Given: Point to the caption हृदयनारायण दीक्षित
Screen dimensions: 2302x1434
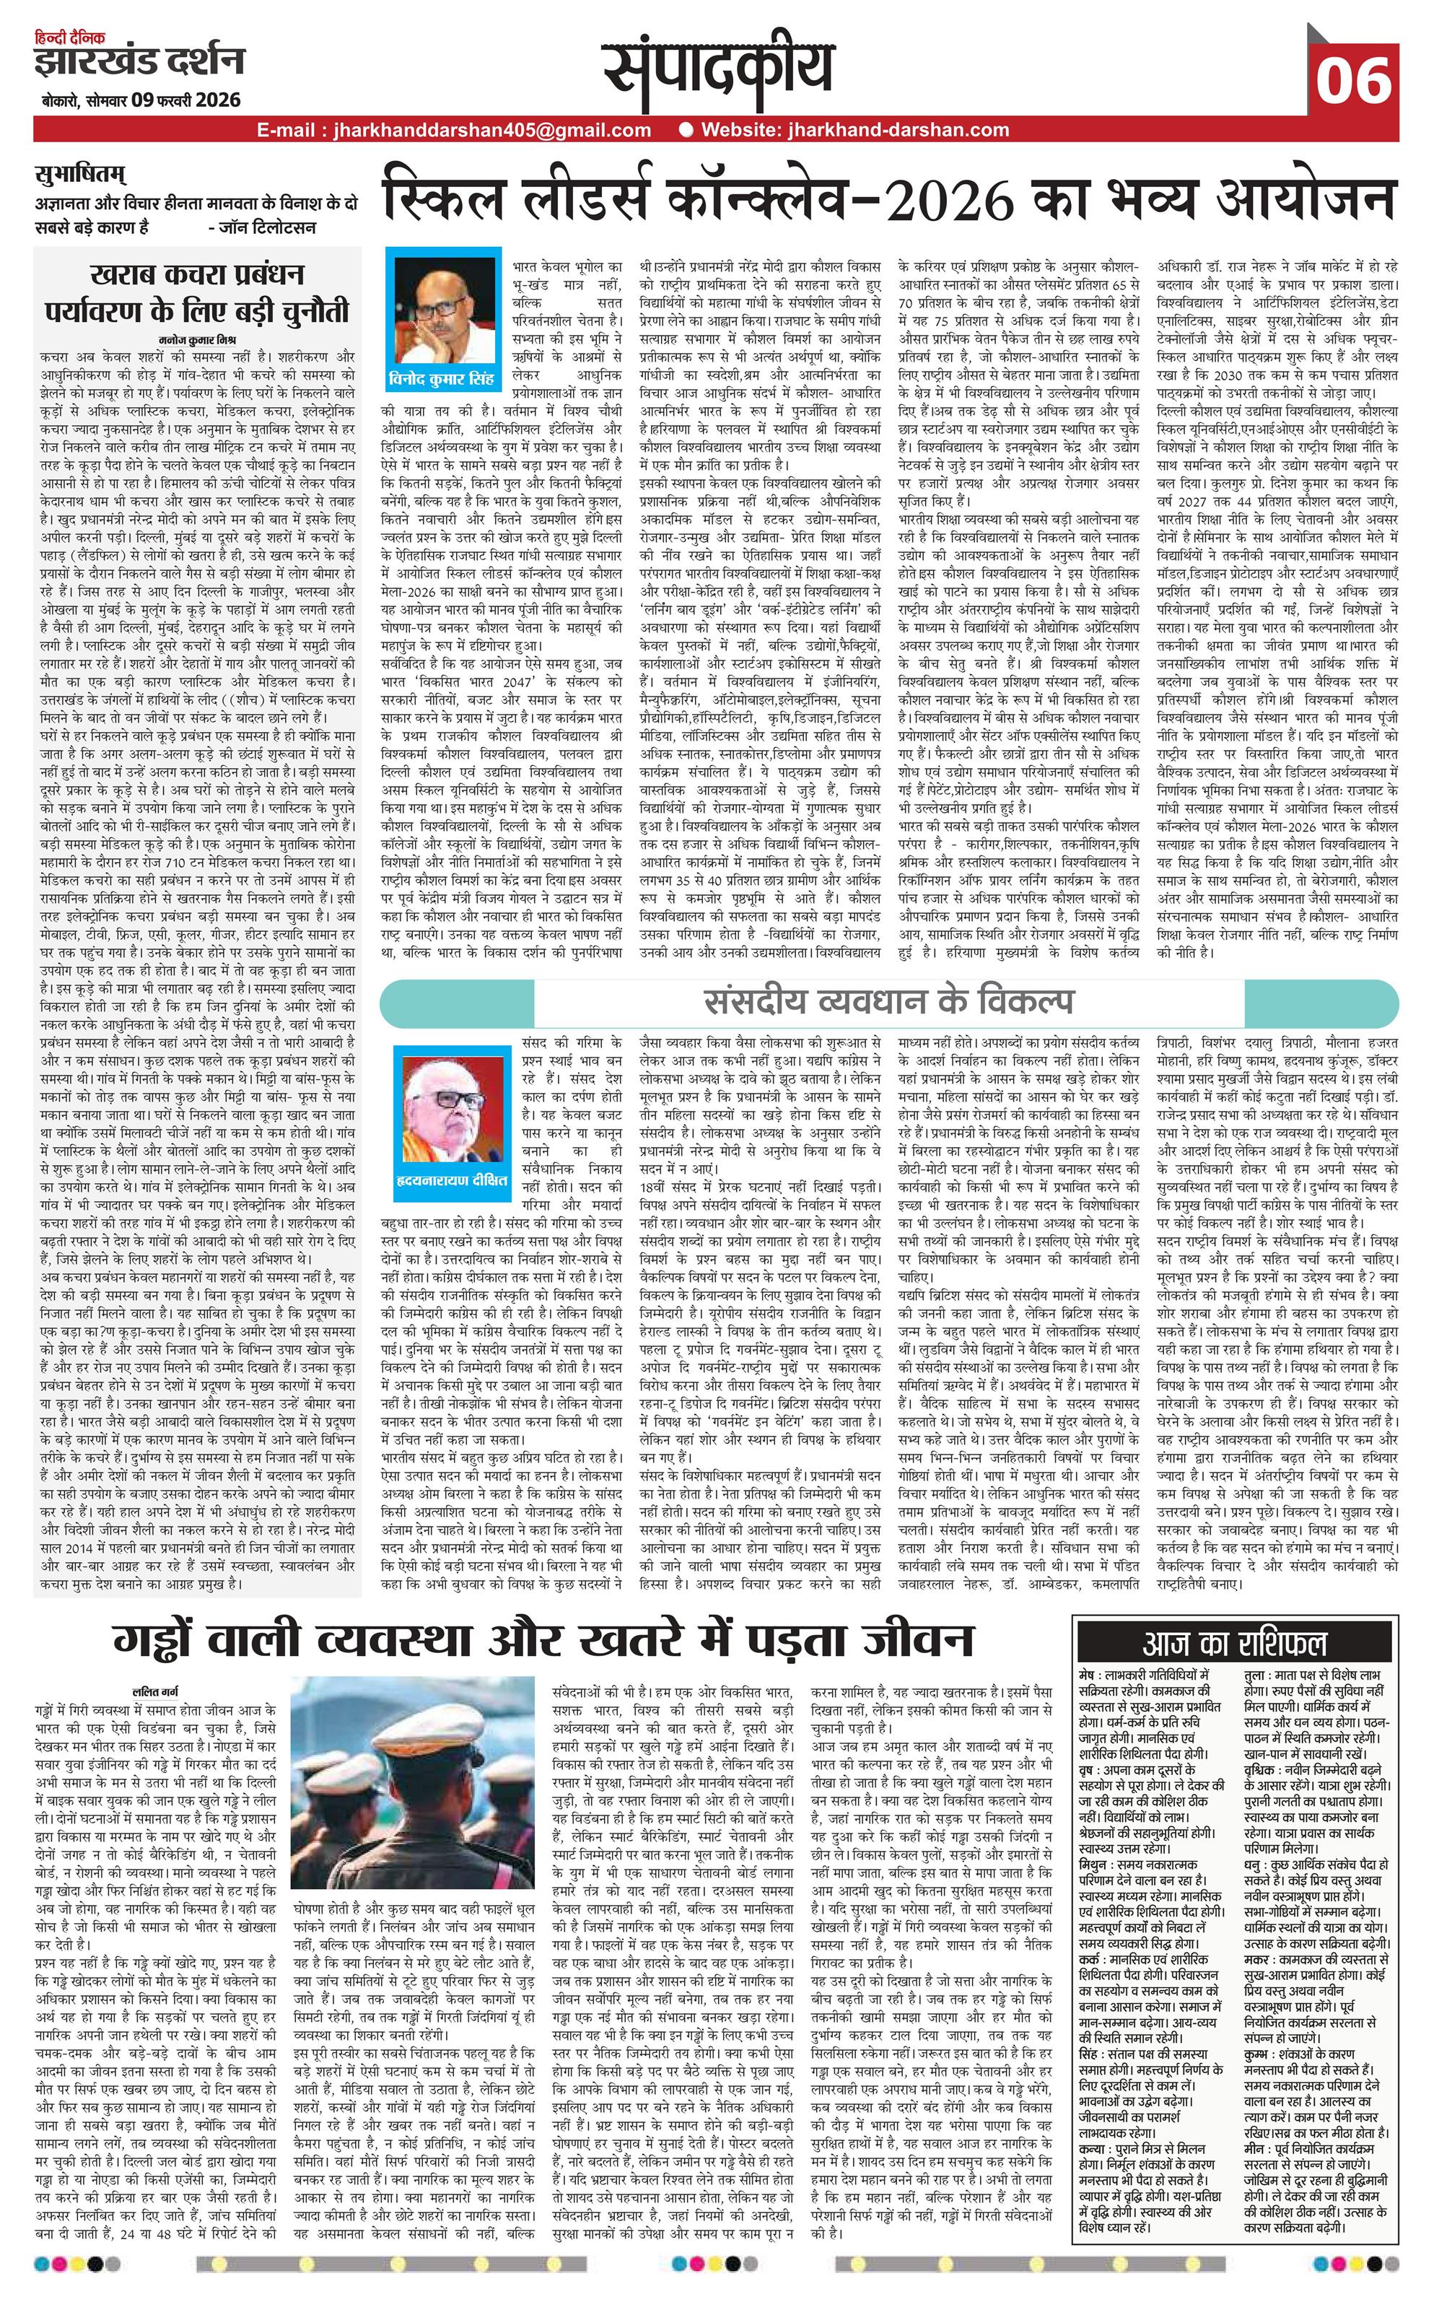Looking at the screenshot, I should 453,1181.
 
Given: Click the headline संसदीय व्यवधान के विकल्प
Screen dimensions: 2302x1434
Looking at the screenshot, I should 890,1003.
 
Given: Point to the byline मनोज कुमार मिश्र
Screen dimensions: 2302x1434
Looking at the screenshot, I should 197,339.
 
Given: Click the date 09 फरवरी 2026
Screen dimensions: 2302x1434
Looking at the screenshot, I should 185,100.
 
